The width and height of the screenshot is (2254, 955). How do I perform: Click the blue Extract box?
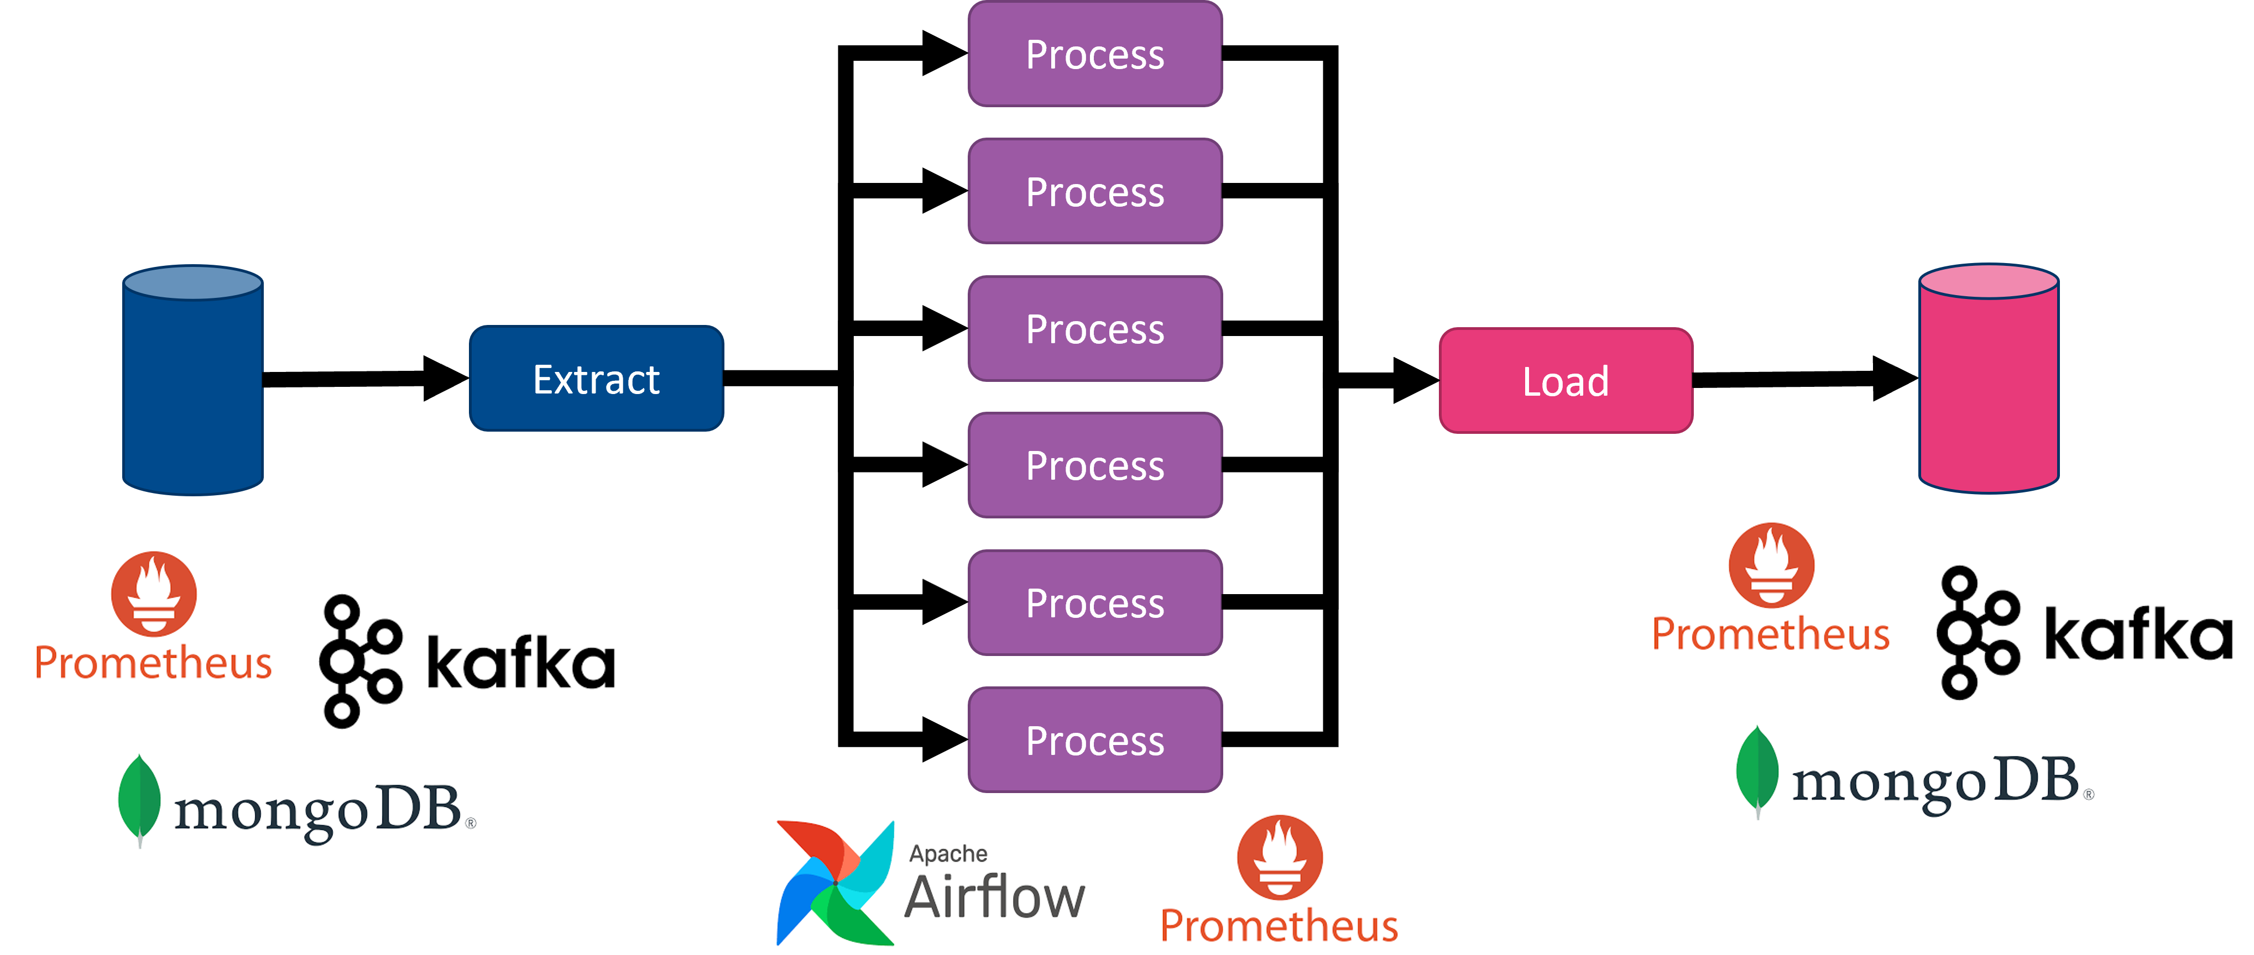coord(596,379)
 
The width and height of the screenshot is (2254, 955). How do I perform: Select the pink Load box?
coord(1566,380)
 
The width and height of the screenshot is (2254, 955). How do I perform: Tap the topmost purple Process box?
coord(1094,54)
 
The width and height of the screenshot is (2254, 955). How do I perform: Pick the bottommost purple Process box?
coord(1094,740)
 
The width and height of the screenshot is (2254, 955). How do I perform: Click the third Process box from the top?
coord(1094,329)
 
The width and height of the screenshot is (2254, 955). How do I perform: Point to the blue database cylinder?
coord(192,380)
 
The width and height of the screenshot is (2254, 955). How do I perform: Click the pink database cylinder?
coord(1988,379)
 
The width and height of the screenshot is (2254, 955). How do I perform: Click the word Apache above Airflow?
coord(948,853)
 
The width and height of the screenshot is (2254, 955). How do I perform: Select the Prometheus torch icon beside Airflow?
coord(1279,857)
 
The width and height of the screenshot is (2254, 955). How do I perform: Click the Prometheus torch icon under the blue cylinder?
coord(153,593)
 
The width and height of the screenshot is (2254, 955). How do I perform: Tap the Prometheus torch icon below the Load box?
coord(1771,565)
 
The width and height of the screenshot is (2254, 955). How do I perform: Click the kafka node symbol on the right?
coord(1976,632)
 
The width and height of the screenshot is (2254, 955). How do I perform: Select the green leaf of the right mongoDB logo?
coord(1757,770)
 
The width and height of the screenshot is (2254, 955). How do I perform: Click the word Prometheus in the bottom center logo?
coord(1279,925)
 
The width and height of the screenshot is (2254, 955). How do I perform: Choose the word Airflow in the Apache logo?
coord(993,898)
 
